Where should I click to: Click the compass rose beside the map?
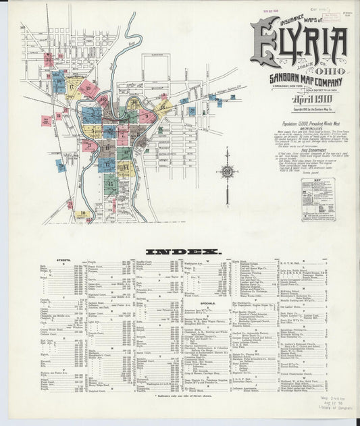click(228, 172)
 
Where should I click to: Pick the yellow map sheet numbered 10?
click(82, 214)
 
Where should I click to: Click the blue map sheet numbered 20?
click(61, 165)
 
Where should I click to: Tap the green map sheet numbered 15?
click(110, 184)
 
